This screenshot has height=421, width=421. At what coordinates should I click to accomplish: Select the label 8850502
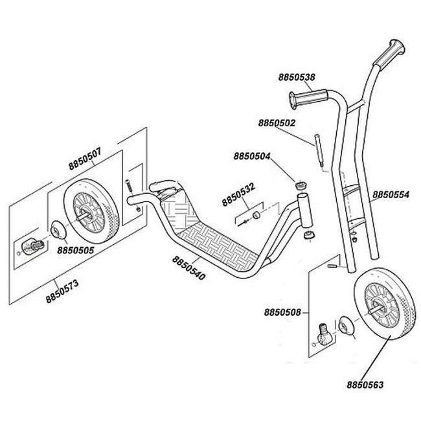coord(277,122)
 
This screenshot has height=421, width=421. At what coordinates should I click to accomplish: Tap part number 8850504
coord(253,156)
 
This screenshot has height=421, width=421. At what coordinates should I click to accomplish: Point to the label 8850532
coord(238,192)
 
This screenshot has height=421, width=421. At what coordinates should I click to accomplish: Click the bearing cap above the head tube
coord(300,186)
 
